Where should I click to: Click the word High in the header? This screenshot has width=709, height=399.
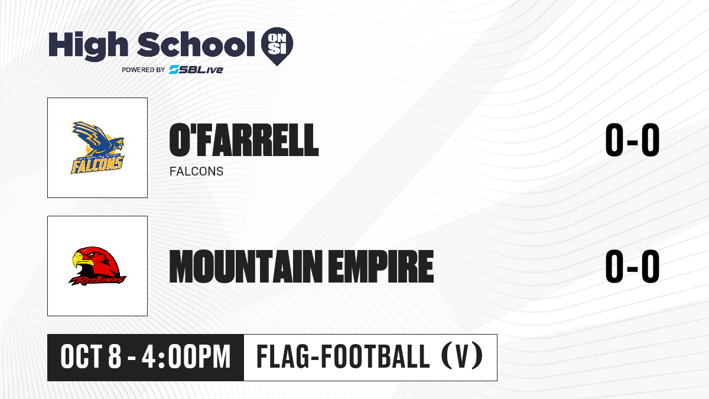point(88,46)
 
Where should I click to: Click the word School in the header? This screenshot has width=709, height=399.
point(196,44)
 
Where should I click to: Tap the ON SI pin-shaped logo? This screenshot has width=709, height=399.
point(277,46)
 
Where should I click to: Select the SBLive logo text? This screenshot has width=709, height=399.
point(196,70)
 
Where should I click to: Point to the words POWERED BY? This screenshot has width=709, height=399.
point(144,70)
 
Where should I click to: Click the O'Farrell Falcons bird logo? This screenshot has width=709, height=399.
point(97,148)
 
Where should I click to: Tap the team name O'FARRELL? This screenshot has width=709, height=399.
point(244,140)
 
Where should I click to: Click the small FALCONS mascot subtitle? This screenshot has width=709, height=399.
point(196,171)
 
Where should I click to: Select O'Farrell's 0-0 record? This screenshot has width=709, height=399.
point(632,140)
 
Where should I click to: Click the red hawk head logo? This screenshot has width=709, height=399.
point(97,266)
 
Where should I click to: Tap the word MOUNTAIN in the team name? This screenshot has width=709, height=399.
point(246,267)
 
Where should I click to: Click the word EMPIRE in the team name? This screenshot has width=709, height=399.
point(380,267)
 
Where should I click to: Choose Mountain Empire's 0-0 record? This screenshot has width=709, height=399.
point(632,267)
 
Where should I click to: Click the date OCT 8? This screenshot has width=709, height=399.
point(91,357)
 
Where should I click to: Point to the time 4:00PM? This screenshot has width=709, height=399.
point(186,357)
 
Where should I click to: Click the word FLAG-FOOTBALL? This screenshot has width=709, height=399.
point(343,357)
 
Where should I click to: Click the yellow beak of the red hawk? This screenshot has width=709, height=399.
point(81,259)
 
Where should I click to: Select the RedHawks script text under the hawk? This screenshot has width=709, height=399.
point(97,280)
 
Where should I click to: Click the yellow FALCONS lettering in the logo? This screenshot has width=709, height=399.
point(97,165)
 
